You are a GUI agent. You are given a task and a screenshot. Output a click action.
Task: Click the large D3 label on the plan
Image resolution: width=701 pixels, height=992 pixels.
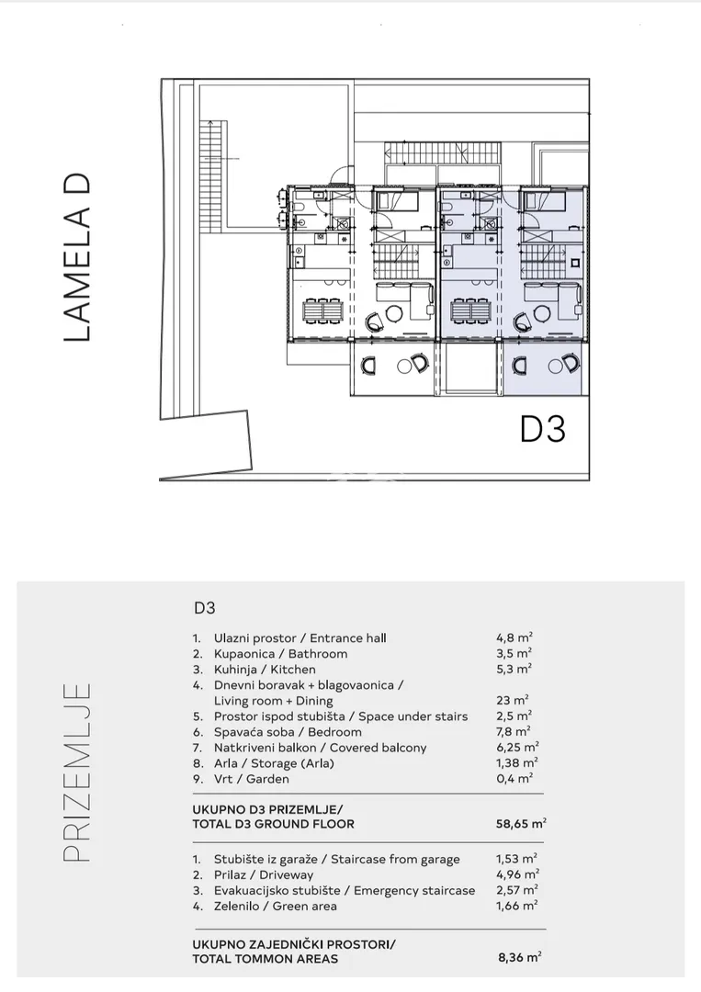point(542,429)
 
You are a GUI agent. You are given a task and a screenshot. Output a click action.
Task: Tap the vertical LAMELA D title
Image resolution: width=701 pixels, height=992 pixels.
point(78,257)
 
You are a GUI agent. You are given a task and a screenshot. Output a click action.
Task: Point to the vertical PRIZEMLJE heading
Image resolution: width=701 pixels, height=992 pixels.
point(78,772)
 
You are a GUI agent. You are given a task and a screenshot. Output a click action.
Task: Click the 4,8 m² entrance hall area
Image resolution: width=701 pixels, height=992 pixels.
point(514,637)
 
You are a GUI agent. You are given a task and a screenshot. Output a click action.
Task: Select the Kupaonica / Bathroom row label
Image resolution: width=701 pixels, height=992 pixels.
point(280,654)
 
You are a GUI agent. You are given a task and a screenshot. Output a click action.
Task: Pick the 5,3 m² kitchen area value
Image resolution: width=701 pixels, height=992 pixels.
point(514,669)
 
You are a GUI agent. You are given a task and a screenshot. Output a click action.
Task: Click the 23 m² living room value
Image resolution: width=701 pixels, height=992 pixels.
point(513,700)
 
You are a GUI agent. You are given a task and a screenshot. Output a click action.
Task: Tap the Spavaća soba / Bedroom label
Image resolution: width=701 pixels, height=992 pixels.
point(288,732)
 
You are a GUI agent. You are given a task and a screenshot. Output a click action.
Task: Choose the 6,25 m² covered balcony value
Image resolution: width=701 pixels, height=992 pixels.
point(517,747)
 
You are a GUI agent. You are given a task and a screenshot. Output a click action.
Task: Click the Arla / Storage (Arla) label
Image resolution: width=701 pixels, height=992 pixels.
point(274,763)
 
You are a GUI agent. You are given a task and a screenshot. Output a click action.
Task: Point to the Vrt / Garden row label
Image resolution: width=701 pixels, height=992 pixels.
point(251,779)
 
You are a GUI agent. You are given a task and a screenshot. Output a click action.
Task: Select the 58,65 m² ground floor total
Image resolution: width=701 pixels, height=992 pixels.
point(521,824)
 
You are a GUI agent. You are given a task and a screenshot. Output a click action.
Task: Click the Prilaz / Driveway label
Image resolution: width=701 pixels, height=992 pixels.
point(263,875)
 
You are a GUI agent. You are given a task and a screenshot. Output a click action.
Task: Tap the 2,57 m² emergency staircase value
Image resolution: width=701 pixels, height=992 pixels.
point(517,890)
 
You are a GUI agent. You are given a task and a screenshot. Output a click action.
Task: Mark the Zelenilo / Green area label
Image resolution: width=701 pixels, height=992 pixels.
point(276,906)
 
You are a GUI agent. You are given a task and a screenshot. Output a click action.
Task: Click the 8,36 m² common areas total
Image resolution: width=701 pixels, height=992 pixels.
point(519,958)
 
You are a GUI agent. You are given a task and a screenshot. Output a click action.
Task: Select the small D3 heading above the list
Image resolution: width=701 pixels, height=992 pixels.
point(204,608)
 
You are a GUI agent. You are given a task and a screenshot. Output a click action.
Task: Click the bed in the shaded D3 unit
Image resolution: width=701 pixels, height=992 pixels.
point(542,202)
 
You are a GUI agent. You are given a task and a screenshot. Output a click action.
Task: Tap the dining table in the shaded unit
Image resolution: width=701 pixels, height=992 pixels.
point(470,310)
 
